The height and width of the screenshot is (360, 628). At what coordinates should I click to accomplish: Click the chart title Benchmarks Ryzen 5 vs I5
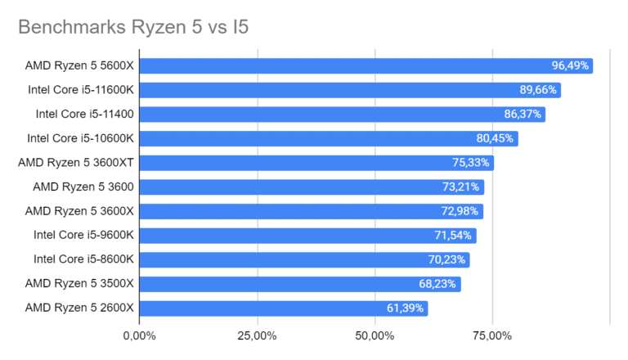pos(133,28)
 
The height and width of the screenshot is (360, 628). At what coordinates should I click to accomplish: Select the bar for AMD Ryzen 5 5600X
pos(364,65)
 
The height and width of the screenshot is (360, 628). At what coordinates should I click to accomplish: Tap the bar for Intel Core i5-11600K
pos(348,90)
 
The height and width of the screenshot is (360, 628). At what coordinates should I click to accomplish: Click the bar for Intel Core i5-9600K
pos(306,236)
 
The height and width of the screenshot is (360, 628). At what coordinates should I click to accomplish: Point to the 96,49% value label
pos(570,65)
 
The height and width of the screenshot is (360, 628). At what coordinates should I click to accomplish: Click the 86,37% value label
pos(523,115)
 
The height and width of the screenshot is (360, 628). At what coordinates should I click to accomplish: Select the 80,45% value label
pos(496,138)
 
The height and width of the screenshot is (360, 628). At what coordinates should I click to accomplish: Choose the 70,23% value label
pos(447,260)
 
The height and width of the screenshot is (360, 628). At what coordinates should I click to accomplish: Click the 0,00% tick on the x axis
pos(139,335)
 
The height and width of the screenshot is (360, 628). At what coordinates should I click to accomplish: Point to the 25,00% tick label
pos(257,335)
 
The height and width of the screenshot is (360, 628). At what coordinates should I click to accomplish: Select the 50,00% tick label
pos(375,335)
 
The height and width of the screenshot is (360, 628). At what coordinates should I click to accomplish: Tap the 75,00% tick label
pos(492,335)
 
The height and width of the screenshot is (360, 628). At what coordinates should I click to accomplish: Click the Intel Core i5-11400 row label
pos(84,115)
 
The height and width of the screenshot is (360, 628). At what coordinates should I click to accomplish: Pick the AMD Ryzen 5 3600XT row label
pos(76,163)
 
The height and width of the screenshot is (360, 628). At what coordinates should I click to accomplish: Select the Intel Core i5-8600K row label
pos(83,260)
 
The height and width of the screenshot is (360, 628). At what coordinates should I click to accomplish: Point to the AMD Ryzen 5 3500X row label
pos(79,284)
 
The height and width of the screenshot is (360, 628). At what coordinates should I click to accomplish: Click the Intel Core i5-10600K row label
pos(80,138)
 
